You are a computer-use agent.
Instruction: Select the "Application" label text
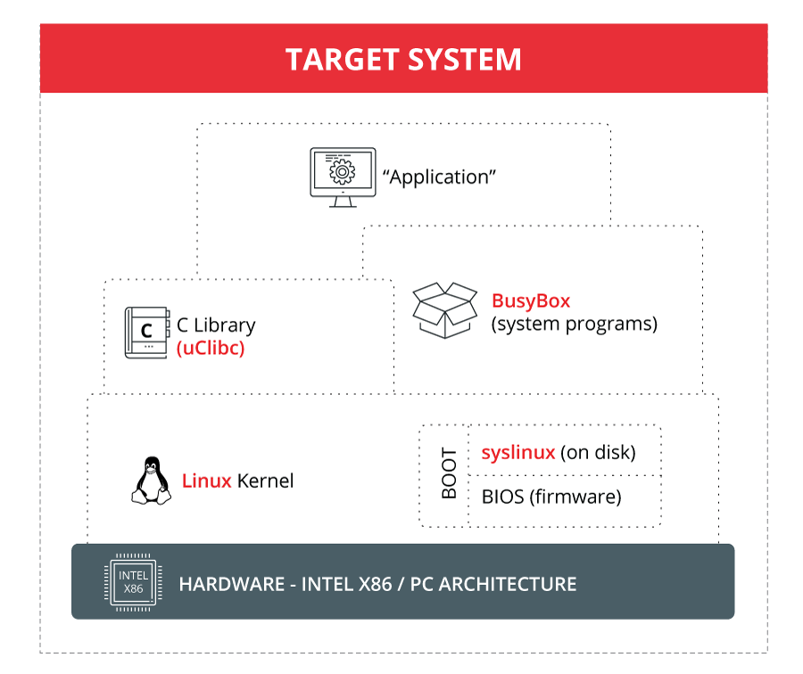coord(439,177)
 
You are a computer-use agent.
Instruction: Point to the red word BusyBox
coord(531,300)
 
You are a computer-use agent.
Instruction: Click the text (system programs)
coord(574,324)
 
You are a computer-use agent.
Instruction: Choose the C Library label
coord(216,325)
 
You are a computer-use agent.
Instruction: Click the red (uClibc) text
coord(211,349)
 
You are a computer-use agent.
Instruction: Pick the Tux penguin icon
coord(152,481)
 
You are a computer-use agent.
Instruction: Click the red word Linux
coord(207,481)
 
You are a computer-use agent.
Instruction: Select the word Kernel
coord(265,481)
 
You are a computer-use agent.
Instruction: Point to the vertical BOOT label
coord(449,474)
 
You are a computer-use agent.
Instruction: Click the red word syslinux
coord(517,453)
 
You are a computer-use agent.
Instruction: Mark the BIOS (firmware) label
coord(551,496)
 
